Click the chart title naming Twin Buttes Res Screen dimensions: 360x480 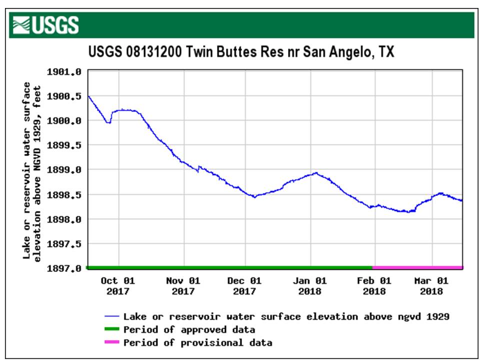[241, 52]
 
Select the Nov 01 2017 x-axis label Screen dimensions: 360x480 [182, 286]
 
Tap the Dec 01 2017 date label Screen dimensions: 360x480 [244, 286]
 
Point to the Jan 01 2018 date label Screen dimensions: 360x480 [309, 286]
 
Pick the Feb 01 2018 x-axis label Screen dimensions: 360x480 [373, 286]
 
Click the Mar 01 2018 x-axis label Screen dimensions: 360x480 [431, 286]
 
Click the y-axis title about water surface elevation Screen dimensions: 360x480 [31, 170]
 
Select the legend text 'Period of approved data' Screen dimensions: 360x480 [189, 329]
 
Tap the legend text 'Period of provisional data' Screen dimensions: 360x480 [197, 342]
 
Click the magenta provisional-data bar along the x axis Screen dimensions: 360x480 [417, 268]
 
